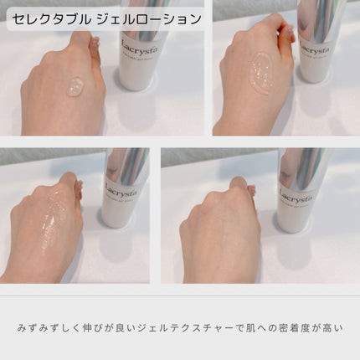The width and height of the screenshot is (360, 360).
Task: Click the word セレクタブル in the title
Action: pyautogui.click(x=51, y=18)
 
